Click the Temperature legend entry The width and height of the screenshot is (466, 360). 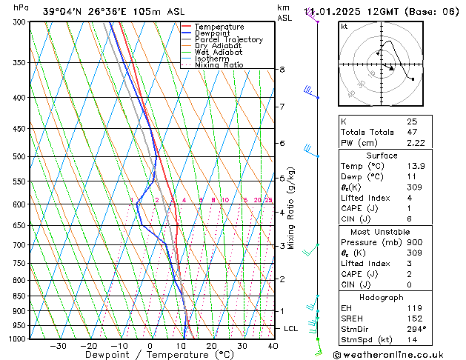point(220,27)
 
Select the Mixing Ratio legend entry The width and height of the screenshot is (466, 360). point(219,65)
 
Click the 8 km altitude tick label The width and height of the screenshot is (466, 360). point(282,70)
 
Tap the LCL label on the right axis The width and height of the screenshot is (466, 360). point(291,328)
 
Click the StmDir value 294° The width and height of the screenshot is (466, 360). point(416,329)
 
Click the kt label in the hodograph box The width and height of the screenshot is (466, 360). point(344,27)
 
